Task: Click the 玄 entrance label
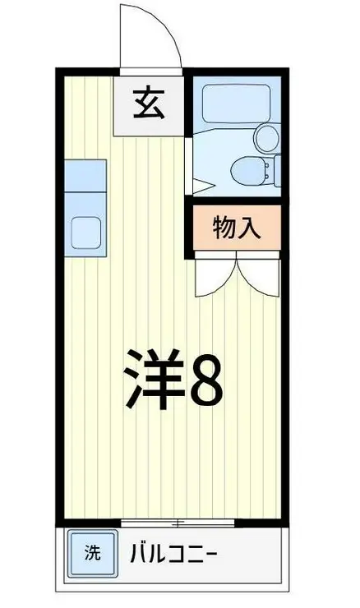pos(149,104)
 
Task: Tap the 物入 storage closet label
pos(236,228)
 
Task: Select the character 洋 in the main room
pos(154,379)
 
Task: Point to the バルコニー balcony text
pos(173,553)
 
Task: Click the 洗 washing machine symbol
pos(92,553)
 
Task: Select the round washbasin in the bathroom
pos(266,138)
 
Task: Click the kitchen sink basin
pos(85,233)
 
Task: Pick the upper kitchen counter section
pos(85,175)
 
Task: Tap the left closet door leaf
pos(215,274)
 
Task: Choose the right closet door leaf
pos(258,274)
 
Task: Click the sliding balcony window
pos(178,523)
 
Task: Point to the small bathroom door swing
pos(201,186)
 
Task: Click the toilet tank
pos(277,171)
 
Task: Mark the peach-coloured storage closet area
pos(237,228)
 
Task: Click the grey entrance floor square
pos(148,105)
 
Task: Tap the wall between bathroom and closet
pos(236,200)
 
